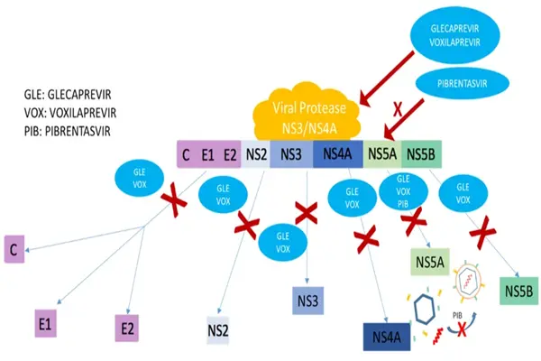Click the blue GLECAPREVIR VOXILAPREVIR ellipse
[454, 35]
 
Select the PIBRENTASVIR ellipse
[462, 84]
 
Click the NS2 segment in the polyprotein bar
[256, 154]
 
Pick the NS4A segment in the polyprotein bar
[338, 154]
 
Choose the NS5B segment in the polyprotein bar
[421, 154]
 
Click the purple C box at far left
[14, 249]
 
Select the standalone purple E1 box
[46, 323]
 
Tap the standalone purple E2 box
[126, 328]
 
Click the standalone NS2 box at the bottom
[217, 330]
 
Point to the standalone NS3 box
[307, 301]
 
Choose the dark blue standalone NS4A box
[387, 337]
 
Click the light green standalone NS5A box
[430, 262]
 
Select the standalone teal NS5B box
[519, 291]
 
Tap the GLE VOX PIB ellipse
[403, 191]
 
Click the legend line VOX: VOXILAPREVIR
[70, 113]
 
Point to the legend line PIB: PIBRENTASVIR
[68, 132]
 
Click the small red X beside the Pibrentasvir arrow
[398, 110]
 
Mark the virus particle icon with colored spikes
[468, 278]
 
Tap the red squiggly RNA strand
[438, 336]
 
